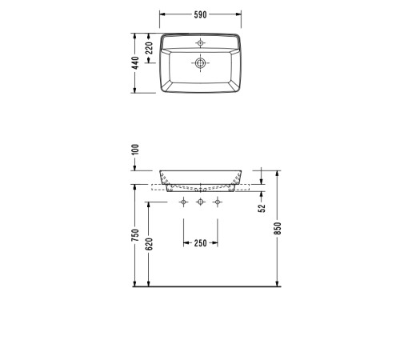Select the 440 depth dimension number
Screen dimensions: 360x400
click(136, 63)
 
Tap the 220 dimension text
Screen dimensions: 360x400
click(150, 48)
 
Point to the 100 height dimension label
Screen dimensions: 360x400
click(136, 150)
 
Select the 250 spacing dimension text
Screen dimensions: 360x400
click(201, 243)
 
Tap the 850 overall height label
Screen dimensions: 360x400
click(278, 228)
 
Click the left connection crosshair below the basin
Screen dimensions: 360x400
click(184, 202)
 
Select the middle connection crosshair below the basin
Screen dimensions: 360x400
click(201, 202)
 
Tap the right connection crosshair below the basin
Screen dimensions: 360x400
click(217, 202)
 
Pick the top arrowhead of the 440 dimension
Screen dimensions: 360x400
click(136, 35)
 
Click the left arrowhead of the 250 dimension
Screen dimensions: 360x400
click(186, 243)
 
